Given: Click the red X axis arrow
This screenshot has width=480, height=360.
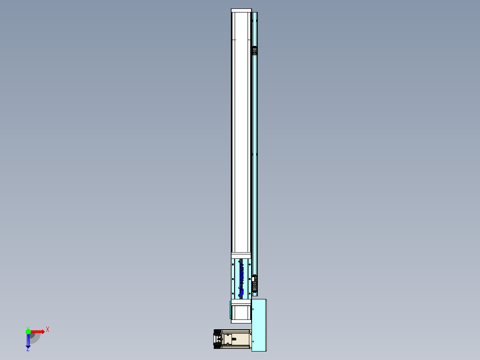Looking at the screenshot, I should point(37,331).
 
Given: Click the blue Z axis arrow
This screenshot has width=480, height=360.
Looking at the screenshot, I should point(28,341).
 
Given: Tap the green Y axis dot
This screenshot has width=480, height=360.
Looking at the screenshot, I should point(28,331).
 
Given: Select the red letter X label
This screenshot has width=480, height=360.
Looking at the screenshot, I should point(47,330).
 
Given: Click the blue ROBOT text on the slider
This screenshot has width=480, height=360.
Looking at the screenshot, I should point(242,273).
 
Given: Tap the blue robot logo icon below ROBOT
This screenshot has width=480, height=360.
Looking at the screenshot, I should point(241,292).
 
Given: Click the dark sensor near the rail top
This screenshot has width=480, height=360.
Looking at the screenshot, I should point(255,51).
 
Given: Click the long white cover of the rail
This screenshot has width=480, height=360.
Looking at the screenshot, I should point(241,134).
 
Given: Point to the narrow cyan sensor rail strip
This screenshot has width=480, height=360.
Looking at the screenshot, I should point(254,156).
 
